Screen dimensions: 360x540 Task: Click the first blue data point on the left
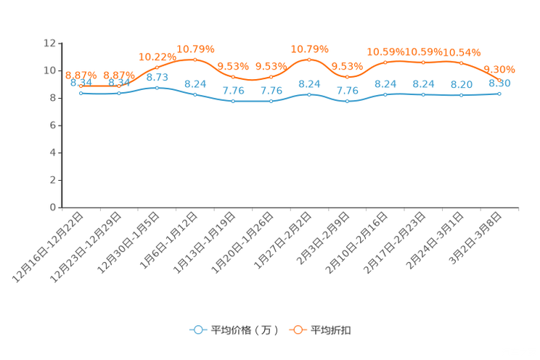click(81, 93)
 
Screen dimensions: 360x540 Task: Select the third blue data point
click(157, 87)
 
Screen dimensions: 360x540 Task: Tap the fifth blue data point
click(233, 102)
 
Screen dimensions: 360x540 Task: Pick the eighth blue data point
click(348, 102)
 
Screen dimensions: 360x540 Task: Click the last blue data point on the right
click(499, 94)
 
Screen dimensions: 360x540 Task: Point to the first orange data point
click(81, 85)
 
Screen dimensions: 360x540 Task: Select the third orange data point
click(157, 67)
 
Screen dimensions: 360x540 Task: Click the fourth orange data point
click(195, 60)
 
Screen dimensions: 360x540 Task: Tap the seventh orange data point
click(309, 60)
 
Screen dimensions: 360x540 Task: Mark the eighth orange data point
click(348, 76)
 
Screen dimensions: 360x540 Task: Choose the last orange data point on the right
click(499, 79)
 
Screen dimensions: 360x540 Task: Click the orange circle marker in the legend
click(297, 330)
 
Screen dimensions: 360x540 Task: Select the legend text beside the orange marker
click(332, 330)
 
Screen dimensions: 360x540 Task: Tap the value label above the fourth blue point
click(195, 83)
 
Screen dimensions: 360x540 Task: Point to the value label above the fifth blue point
click(233, 91)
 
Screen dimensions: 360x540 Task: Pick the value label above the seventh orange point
click(310, 49)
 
